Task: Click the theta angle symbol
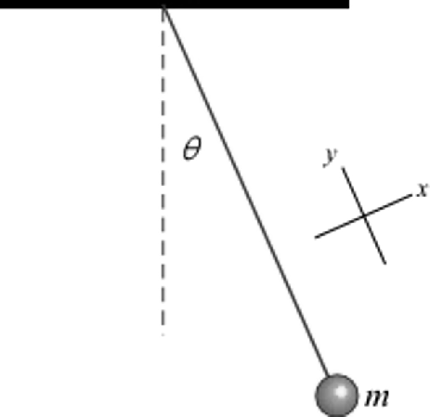click(192, 149)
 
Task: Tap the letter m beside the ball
click(377, 397)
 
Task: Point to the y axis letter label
click(331, 156)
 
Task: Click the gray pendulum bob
click(336, 395)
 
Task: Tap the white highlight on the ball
click(340, 391)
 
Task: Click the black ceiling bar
click(174, 4)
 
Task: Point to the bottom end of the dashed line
click(163, 335)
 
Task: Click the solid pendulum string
click(246, 189)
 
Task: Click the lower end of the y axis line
click(385, 263)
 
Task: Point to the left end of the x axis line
click(316, 238)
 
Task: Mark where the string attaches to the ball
click(328, 376)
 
